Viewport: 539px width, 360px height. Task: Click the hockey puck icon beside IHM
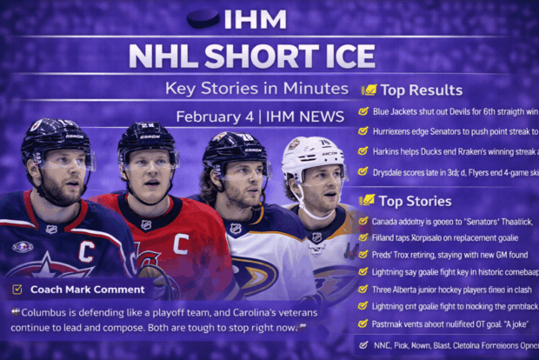(x=203, y=19)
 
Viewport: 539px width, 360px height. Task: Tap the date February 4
(x=208, y=117)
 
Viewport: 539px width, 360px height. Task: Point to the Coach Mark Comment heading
(x=87, y=290)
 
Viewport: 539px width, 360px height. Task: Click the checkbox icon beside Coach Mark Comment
(x=17, y=290)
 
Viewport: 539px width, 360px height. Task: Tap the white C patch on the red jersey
(x=180, y=243)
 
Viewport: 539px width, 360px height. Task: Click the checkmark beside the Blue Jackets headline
(x=363, y=111)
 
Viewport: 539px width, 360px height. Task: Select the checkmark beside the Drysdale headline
(x=363, y=172)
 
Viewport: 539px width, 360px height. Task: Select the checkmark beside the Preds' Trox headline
(x=363, y=255)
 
